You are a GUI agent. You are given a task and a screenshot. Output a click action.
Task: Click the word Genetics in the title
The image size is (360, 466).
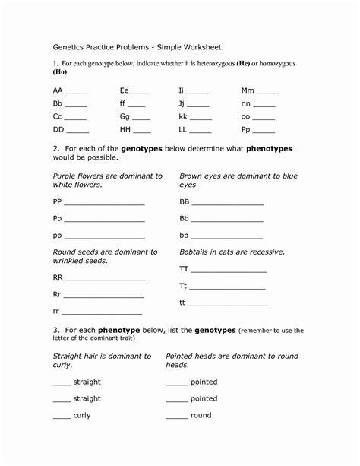point(69,46)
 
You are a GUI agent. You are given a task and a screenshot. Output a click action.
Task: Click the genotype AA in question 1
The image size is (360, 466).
point(58,90)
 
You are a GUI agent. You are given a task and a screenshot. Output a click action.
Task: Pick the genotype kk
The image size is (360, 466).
point(183,117)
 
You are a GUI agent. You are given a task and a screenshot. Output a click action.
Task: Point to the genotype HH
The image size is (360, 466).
point(125,131)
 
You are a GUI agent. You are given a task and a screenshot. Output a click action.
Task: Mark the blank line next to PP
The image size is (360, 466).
point(104,204)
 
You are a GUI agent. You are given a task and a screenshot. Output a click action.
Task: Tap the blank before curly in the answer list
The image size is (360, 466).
point(61,417)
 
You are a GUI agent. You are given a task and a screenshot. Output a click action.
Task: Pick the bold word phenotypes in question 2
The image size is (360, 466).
point(269,148)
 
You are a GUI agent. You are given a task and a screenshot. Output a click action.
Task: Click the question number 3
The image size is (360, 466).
point(55,331)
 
